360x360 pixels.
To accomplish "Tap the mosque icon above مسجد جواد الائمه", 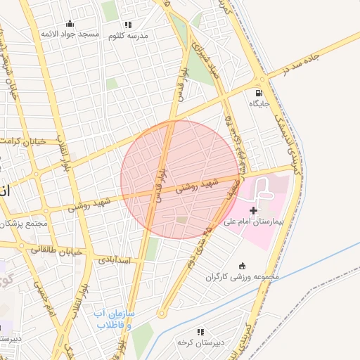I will tap(69, 23).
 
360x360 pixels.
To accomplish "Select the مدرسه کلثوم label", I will tap(127, 36).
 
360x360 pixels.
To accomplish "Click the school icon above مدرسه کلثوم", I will tap(127, 25).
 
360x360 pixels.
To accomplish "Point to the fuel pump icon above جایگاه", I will tap(259, 92).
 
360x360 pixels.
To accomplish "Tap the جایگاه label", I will tap(259, 103).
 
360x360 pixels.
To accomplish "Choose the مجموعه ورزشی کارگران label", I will tap(243, 277).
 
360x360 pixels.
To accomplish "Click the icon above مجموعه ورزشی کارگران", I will tap(243, 266).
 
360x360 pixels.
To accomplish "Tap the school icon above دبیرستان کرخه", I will tap(200, 331).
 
